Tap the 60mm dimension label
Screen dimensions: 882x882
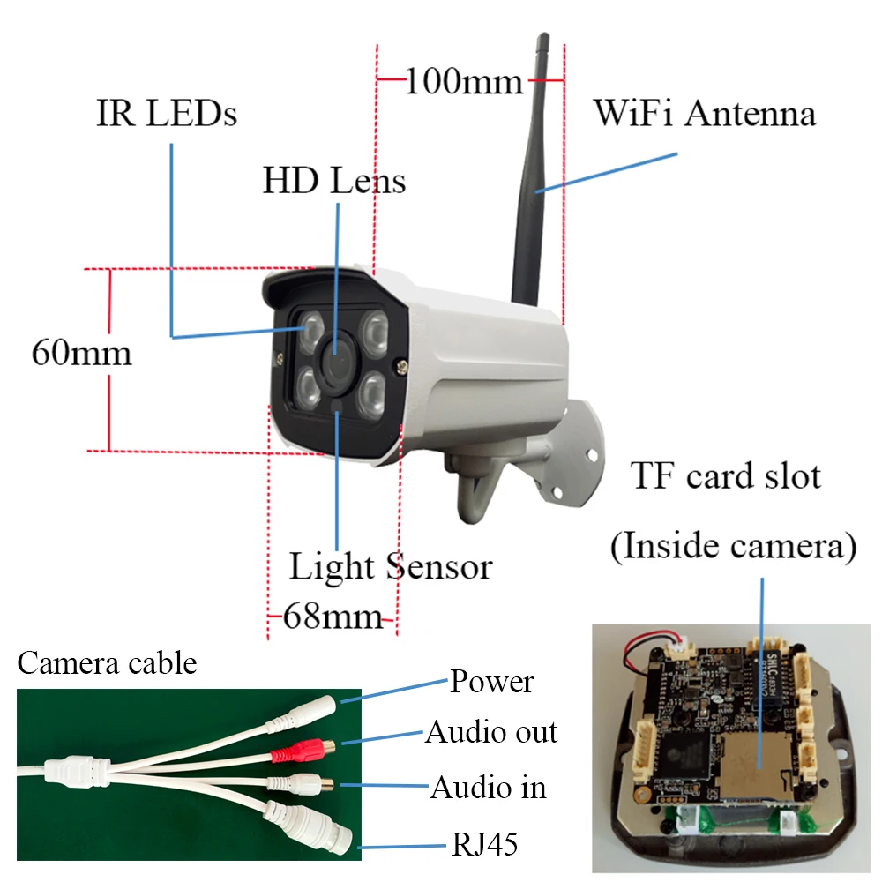[81, 353]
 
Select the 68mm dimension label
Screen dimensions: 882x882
[332, 616]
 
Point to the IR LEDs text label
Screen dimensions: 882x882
[167, 113]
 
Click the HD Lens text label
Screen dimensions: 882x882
[334, 181]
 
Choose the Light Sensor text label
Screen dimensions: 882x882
[390, 565]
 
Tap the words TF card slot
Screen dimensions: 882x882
[726, 476]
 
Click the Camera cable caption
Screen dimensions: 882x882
[107, 662]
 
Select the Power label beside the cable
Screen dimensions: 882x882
[491, 681]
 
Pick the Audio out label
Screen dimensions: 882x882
[491, 732]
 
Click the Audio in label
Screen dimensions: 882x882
[488, 787]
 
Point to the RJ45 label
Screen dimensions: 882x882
[483, 845]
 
